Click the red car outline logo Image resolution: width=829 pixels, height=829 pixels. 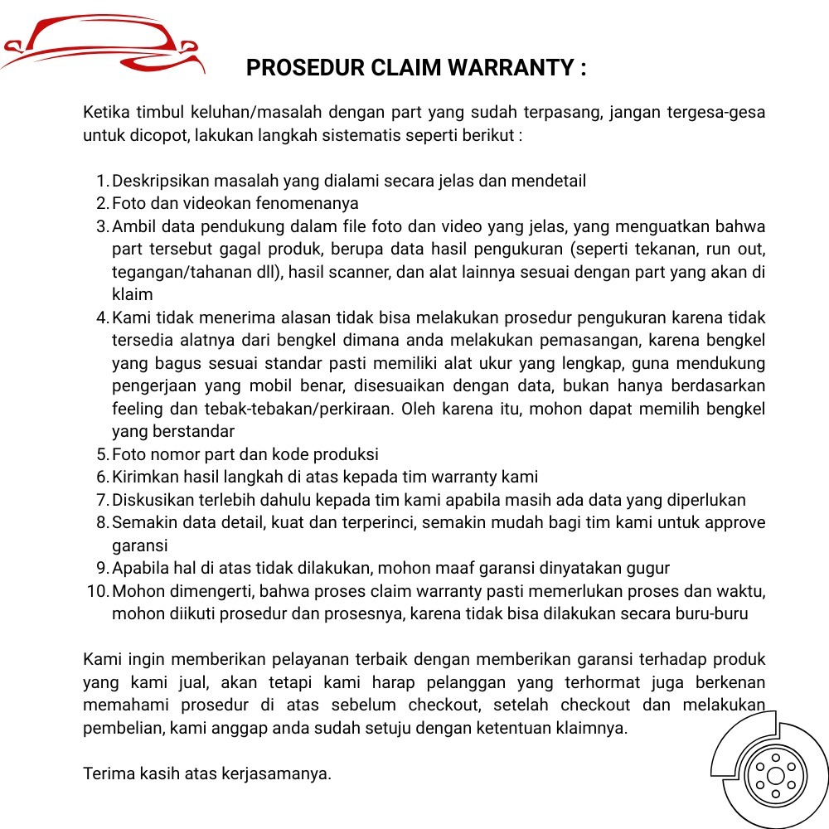(103, 46)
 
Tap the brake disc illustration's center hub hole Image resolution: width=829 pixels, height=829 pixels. (775, 776)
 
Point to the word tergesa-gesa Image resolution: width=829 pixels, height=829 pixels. (715, 112)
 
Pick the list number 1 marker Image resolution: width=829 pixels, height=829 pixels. (102, 181)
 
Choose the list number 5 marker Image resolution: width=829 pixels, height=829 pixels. (102, 454)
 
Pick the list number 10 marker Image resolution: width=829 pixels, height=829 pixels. (98, 591)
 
